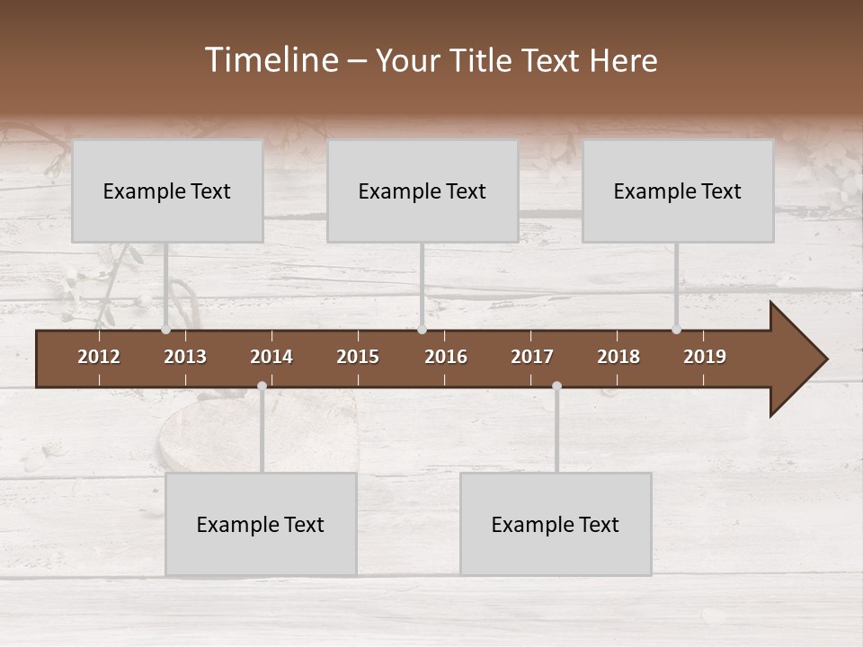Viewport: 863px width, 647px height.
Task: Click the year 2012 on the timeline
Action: click(x=99, y=357)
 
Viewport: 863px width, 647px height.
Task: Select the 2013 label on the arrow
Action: click(x=185, y=357)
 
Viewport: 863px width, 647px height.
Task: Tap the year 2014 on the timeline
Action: click(x=271, y=357)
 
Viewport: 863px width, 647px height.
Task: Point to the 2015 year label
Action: click(x=358, y=357)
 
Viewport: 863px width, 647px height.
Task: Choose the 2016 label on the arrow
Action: click(x=446, y=357)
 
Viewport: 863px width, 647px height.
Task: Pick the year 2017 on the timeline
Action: click(x=532, y=357)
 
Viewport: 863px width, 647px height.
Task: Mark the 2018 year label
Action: click(x=618, y=357)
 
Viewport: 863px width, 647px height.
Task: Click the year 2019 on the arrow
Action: click(x=705, y=357)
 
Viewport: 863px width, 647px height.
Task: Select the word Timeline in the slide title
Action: click(x=271, y=60)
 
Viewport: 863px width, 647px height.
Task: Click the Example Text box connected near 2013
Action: click(x=167, y=191)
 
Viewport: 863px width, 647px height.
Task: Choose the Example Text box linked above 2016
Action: click(x=423, y=191)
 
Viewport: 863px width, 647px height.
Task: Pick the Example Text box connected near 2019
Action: click(x=678, y=191)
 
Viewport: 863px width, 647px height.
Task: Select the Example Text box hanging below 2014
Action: click(x=261, y=524)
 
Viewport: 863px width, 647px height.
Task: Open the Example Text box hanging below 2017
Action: click(x=556, y=524)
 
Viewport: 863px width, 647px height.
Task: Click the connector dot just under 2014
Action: click(x=262, y=386)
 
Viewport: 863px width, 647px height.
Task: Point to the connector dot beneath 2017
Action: click(x=556, y=386)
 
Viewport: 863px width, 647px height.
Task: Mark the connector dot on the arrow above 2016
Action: click(x=422, y=329)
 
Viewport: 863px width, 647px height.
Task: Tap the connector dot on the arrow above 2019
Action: click(x=676, y=329)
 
